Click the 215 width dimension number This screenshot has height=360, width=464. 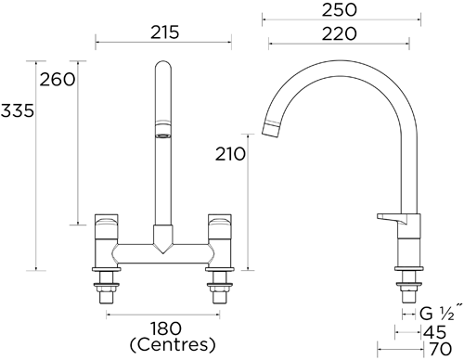(x=164, y=32)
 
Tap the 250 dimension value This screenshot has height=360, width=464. (x=340, y=10)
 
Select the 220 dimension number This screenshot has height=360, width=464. (x=340, y=33)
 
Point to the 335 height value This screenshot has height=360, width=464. (x=17, y=110)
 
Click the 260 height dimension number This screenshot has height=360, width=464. (x=58, y=80)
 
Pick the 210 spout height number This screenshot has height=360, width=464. (x=230, y=154)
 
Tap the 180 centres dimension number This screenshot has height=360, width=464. (x=165, y=328)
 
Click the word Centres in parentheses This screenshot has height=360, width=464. (x=173, y=344)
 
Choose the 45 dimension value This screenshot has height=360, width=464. (x=435, y=332)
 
